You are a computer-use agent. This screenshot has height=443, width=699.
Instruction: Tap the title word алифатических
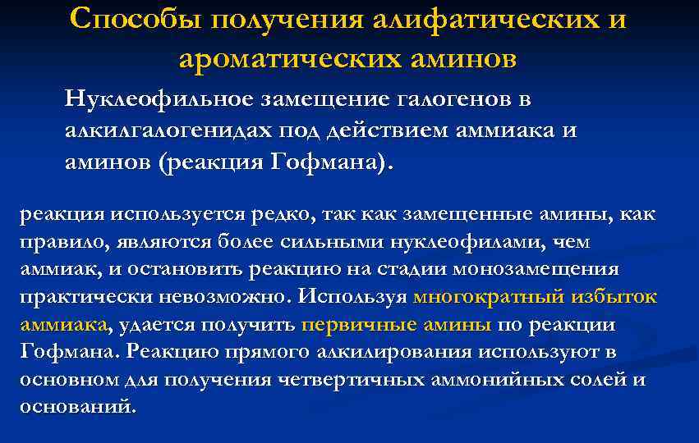467,19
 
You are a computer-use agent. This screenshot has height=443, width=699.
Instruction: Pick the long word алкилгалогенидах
170,129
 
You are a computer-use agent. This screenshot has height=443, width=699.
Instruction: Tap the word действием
367,129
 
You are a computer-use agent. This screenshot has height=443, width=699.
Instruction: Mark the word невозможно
224,296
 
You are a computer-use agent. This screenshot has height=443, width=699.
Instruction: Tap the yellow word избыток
621,296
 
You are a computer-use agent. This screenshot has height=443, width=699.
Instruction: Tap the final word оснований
75,406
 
